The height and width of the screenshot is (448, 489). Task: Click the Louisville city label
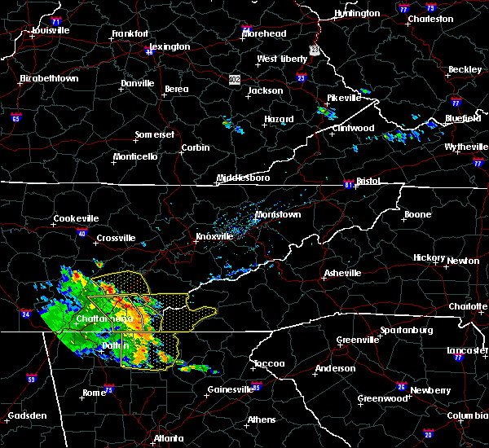[51, 31]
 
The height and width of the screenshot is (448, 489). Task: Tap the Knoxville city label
[214, 237]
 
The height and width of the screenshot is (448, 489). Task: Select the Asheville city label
[340, 273]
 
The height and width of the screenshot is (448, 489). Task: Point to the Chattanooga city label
[99, 318]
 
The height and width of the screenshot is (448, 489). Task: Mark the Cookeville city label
[76, 218]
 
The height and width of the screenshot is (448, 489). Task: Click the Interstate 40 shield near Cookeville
[82, 234]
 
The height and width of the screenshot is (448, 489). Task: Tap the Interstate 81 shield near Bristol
[348, 182]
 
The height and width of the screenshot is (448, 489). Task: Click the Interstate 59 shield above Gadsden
[31, 379]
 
